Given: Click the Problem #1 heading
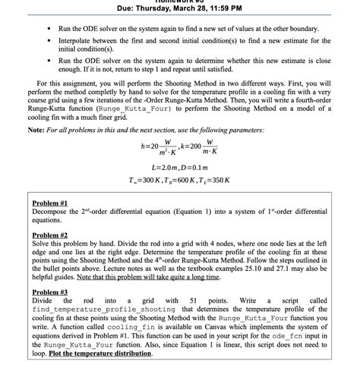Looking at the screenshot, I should pyautogui.click(x=51, y=204).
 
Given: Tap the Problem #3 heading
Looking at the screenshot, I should pyautogui.click(x=51, y=293).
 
